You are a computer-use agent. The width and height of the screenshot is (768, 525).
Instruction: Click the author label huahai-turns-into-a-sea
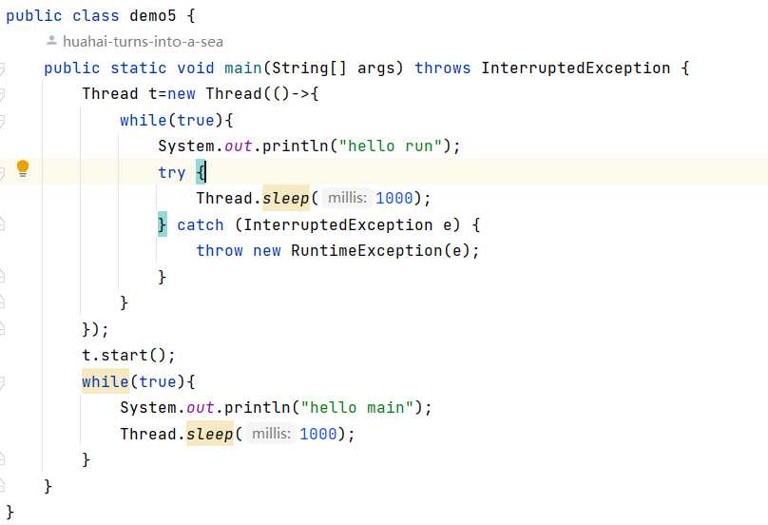(x=143, y=42)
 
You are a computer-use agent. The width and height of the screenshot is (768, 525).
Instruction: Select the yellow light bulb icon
(x=23, y=169)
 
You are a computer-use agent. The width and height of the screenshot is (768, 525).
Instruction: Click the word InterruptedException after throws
(x=576, y=68)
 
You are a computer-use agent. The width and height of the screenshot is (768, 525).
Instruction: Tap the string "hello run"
(x=395, y=146)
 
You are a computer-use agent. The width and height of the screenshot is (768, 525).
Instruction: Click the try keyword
(x=172, y=172)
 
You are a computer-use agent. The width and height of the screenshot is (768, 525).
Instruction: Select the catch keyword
(x=201, y=224)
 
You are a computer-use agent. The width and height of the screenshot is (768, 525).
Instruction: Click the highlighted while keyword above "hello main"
(x=105, y=381)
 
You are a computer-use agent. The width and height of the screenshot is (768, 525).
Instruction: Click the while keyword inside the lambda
(x=143, y=120)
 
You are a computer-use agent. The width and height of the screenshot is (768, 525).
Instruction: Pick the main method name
(x=243, y=68)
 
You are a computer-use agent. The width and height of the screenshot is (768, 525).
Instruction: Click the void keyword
(x=196, y=68)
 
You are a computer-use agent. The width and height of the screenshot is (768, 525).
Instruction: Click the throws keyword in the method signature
(x=443, y=68)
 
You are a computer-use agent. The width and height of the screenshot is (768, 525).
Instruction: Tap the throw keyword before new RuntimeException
(x=220, y=250)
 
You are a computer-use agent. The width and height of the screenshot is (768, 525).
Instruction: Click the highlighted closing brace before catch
(x=163, y=224)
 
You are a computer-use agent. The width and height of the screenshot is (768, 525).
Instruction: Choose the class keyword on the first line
(x=91, y=16)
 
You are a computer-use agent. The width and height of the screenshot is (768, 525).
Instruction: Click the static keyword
(x=139, y=68)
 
